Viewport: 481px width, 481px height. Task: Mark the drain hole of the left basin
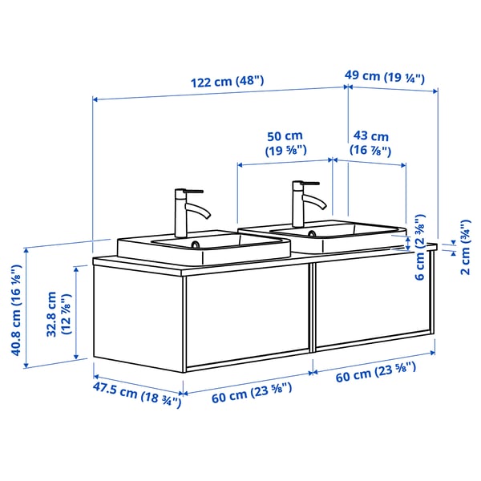(195, 245)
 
